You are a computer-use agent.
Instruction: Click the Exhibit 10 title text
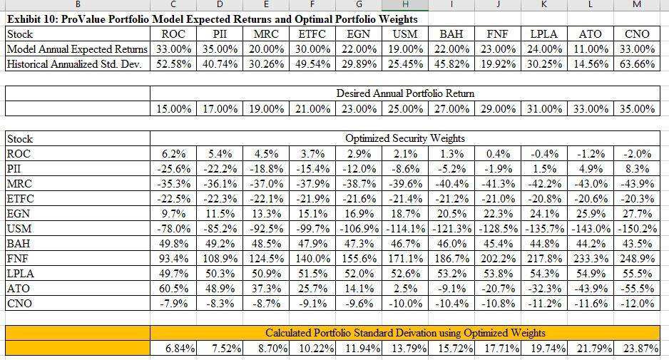coord(211,19)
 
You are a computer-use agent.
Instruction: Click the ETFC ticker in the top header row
coord(312,34)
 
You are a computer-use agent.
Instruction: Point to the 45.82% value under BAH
coord(451,63)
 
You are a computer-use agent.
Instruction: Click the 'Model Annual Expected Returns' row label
coord(77,48)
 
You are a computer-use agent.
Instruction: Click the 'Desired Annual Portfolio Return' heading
coord(405,93)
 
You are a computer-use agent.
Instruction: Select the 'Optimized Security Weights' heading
coord(405,138)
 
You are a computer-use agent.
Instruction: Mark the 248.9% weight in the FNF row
coord(638,259)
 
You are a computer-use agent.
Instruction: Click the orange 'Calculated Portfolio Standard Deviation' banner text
coord(405,333)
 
